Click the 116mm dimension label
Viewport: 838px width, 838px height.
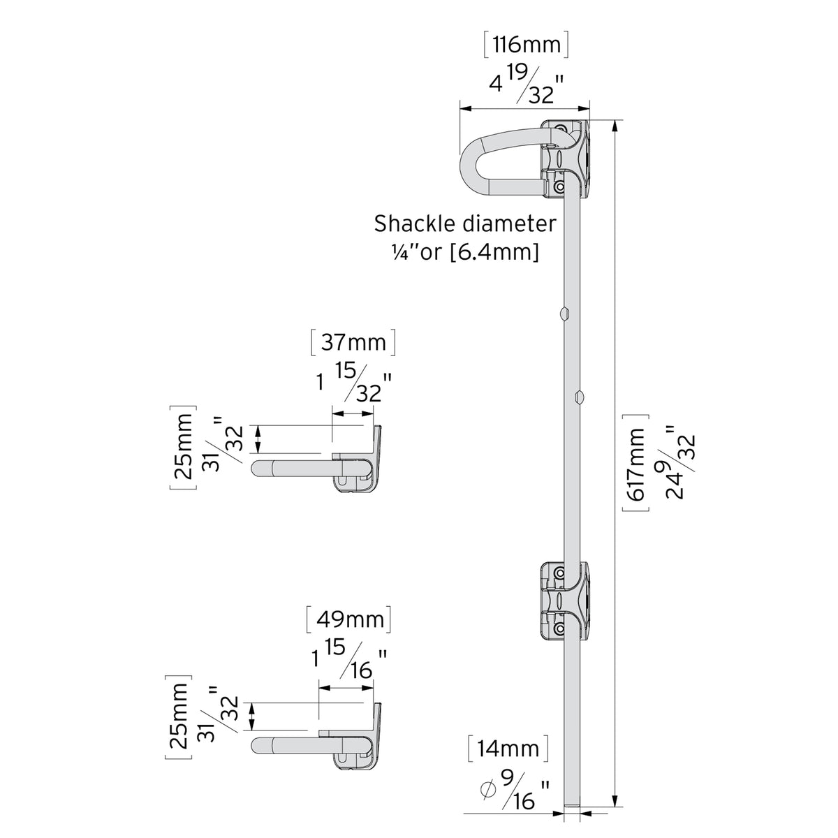point(526,46)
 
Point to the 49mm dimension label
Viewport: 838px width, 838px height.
point(348,619)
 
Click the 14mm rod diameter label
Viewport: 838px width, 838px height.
point(508,749)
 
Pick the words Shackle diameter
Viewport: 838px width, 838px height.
point(465,224)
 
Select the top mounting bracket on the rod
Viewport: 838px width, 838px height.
point(566,159)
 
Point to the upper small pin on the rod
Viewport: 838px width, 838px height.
point(564,312)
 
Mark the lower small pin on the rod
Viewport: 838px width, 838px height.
point(579,397)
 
